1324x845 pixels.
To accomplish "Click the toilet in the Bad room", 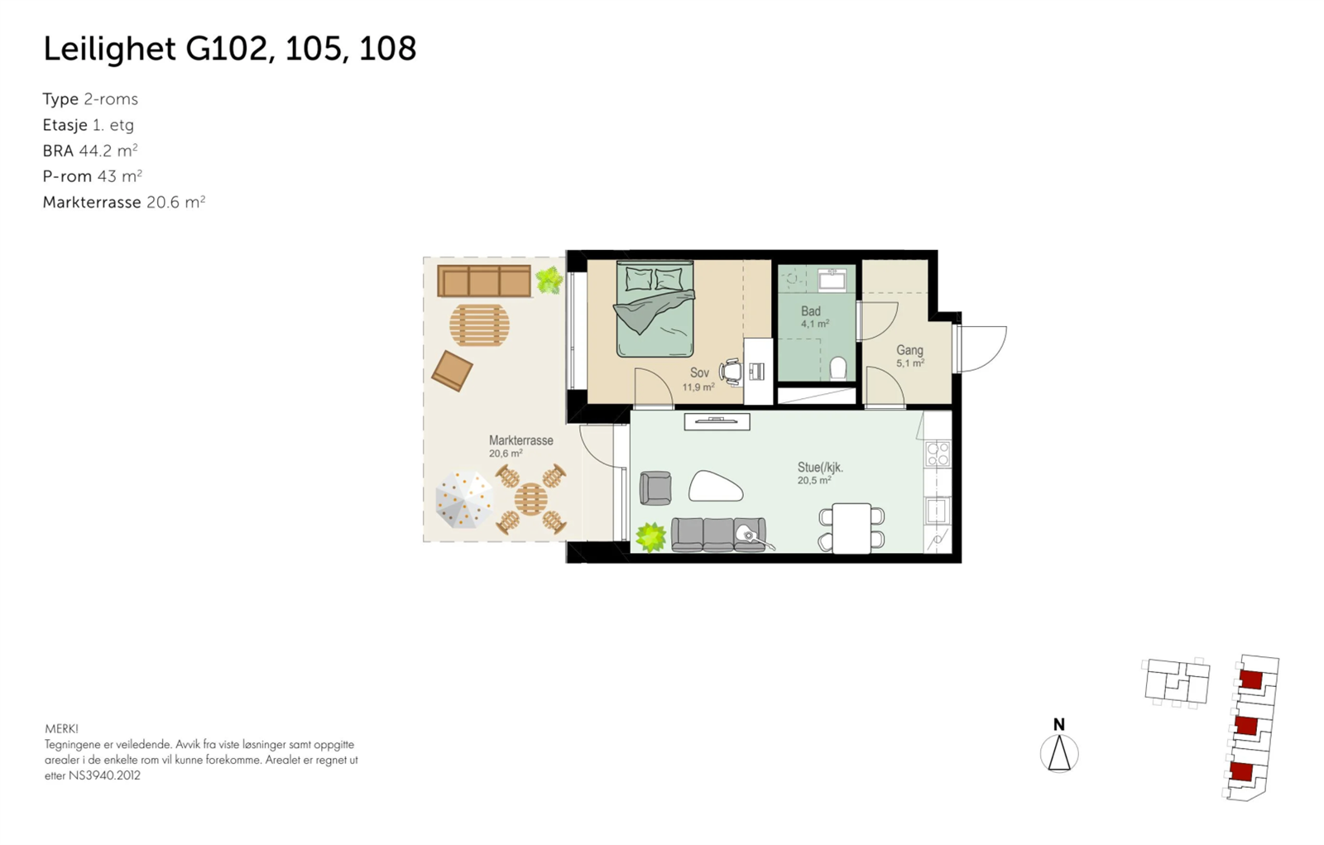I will pos(837,368).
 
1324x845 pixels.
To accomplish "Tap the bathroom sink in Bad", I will pos(832,281).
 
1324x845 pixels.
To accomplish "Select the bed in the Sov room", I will pos(654,309).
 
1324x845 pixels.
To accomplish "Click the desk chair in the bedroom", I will pos(731,372).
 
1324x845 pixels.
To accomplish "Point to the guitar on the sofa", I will pos(753,536).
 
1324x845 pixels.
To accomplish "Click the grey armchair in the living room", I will pos(655,487).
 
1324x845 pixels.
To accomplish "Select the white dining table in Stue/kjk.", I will pos(851,528).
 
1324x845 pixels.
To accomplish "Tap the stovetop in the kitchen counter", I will pos(938,454).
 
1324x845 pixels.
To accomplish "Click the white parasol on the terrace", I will pos(463,500).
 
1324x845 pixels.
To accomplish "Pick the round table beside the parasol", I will pos(530,499).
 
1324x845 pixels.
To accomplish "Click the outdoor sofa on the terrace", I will pos(484,281).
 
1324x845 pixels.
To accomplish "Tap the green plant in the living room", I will pos(650,537).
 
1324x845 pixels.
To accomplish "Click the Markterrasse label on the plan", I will pos(520,440).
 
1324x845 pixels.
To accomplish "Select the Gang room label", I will pos(909,351).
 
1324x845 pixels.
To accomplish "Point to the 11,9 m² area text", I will pos(698,387).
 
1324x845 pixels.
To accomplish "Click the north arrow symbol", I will pos(1059,751).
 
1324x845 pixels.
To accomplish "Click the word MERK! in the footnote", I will pos(61,729).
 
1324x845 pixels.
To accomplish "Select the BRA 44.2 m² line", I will pos(90,151).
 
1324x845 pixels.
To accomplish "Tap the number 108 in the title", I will pos(387,49).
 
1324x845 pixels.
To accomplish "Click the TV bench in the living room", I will pos(717,422).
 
